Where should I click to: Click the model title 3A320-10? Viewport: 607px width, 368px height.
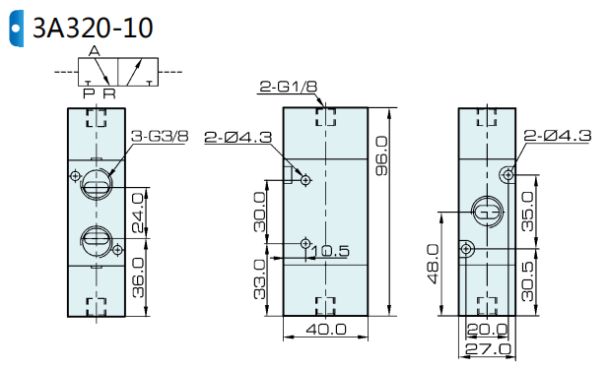pos(93,28)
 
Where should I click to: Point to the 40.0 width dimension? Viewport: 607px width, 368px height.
pos(326,330)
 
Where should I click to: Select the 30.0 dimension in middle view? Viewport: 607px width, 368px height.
pos(260,212)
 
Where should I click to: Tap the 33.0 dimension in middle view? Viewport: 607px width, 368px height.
pos(260,279)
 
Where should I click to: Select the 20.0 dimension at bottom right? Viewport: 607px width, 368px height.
pos(487,330)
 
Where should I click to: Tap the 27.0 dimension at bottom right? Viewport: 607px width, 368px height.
pos(487,348)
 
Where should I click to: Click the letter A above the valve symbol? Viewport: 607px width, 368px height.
pos(94,50)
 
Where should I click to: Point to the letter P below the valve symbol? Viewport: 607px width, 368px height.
pos(89,93)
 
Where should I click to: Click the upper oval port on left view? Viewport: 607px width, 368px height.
pos(97,186)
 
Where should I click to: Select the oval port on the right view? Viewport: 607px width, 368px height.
pos(488,210)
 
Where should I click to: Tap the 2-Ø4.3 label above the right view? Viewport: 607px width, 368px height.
pos(558,136)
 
